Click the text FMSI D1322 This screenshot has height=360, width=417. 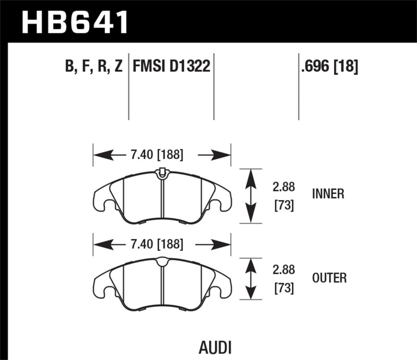[171, 67]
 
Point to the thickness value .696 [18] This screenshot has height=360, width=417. [328, 67]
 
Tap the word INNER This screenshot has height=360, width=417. [327, 194]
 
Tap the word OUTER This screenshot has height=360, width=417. [328, 278]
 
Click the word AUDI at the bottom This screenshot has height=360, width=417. [215, 347]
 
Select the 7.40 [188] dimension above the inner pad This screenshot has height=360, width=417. [155, 155]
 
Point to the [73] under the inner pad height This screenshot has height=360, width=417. [283, 206]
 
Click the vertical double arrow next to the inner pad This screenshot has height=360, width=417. [251, 196]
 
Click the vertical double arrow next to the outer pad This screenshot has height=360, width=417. [251, 279]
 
